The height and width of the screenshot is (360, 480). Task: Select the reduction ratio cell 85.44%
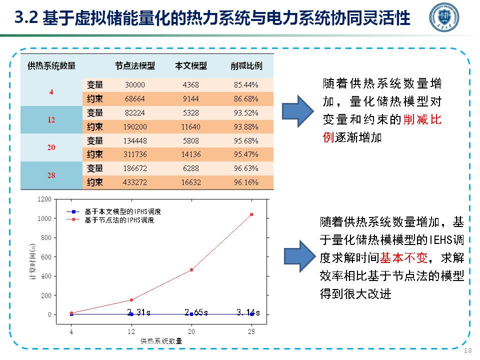coord(246,84)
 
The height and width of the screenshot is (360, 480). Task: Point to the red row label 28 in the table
coord(51,175)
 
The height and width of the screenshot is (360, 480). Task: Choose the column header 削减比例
coord(246,66)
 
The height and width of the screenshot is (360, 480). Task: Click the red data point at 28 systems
coord(251,214)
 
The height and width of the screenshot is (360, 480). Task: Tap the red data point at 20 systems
coord(191,269)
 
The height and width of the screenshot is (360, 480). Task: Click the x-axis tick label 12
coord(131,331)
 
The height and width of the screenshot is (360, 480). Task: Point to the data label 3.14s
coord(248,313)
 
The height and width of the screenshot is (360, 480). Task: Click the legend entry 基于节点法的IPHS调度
coord(119,219)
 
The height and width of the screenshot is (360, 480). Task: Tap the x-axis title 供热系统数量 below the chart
coord(161,341)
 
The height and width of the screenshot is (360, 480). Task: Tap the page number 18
coord(468,350)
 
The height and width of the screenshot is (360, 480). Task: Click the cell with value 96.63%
coord(246,168)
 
